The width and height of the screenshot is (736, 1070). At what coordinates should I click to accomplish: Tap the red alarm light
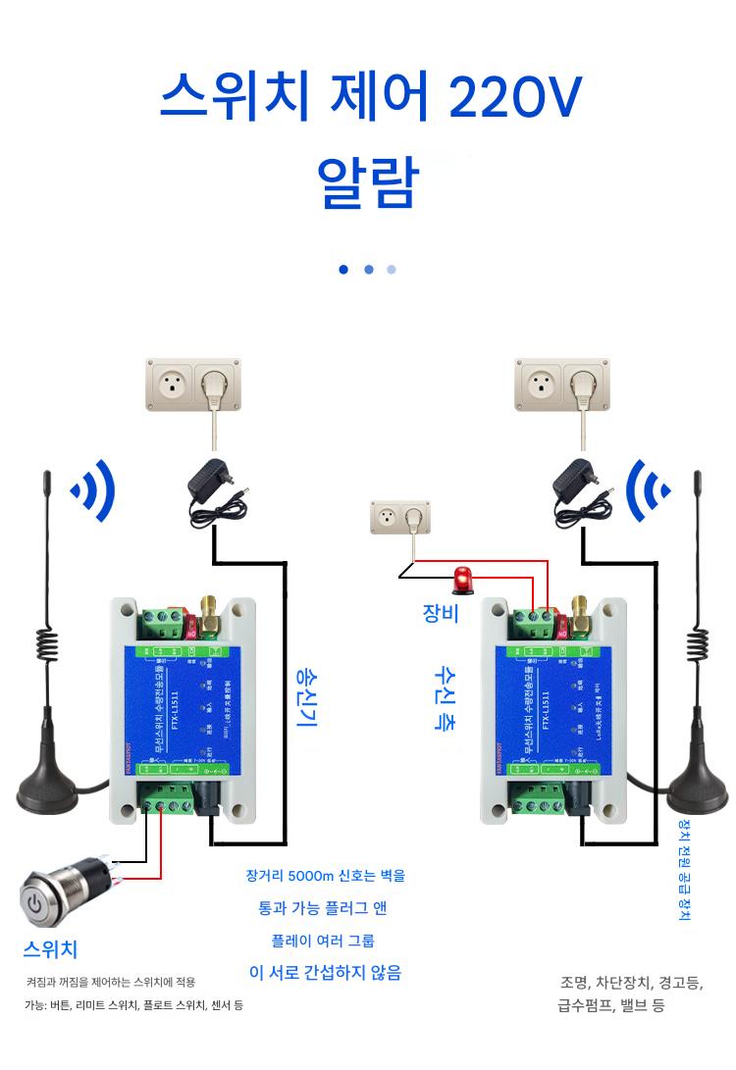pos(460,580)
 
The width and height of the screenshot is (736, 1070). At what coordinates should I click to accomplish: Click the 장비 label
pos(440,614)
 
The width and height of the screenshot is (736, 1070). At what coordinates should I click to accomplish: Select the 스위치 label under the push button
pos(50,948)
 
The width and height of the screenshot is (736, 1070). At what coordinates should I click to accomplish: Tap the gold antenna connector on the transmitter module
pos(210,614)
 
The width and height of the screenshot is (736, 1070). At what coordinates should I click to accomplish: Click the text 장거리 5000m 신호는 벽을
pos(325,875)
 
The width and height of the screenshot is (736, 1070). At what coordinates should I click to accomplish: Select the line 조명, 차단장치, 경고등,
pos(631,982)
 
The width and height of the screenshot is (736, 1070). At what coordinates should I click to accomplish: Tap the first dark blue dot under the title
pos(343,269)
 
